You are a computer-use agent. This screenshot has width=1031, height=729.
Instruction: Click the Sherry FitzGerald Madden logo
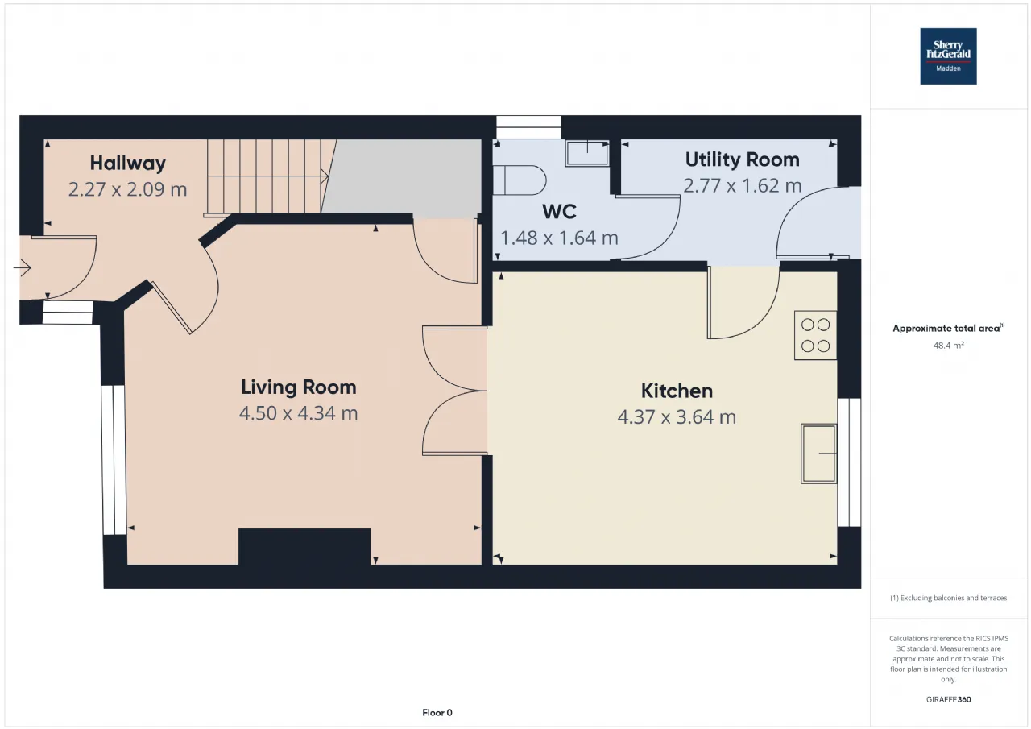click(x=948, y=56)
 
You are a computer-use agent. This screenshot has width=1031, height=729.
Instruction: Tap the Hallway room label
click(x=128, y=164)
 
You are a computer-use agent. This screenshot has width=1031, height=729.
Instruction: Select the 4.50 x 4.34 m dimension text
click(x=298, y=413)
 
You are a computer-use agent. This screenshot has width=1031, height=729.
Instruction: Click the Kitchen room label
click(x=677, y=391)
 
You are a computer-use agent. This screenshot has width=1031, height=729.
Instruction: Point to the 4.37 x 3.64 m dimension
click(x=677, y=417)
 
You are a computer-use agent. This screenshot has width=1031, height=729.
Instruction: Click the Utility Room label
click(x=742, y=159)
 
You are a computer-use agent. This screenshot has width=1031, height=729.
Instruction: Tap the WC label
click(x=559, y=212)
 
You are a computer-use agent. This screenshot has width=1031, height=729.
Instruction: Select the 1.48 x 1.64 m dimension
click(x=559, y=238)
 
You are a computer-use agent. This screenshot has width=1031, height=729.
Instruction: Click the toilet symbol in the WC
click(x=520, y=180)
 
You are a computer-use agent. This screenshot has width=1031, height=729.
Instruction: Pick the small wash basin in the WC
click(x=587, y=153)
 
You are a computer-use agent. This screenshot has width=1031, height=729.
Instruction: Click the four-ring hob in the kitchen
click(x=815, y=335)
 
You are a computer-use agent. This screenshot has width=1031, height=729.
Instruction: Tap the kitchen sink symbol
click(x=819, y=454)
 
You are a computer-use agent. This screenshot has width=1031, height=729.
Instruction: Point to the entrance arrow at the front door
click(x=22, y=267)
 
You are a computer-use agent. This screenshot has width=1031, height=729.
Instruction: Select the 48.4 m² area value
click(x=948, y=346)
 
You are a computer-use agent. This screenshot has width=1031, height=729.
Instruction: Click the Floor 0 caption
click(x=437, y=713)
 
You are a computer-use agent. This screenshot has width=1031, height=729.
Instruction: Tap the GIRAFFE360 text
click(x=948, y=699)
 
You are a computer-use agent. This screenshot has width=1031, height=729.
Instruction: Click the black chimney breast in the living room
click(x=304, y=547)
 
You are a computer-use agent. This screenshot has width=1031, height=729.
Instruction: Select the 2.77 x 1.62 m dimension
click(x=742, y=186)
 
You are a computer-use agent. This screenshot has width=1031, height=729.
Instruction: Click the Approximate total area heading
click(x=948, y=328)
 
